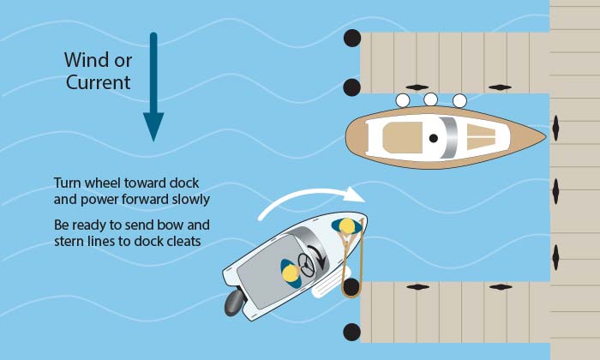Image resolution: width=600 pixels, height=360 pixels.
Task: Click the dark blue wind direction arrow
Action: click(153, 86)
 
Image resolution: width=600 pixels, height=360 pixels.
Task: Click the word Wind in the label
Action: click(86, 60)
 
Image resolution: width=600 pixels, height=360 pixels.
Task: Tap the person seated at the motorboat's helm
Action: click(291, 273)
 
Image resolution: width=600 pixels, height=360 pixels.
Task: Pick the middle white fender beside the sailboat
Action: click(431, 100)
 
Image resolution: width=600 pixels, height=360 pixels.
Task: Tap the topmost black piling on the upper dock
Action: click(351, 38)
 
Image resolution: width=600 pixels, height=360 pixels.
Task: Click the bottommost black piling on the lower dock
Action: click(351, 332)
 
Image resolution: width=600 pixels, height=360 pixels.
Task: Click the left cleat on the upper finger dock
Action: click(417, 87)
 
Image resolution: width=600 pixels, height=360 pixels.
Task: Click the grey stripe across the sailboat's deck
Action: click(448, 137)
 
